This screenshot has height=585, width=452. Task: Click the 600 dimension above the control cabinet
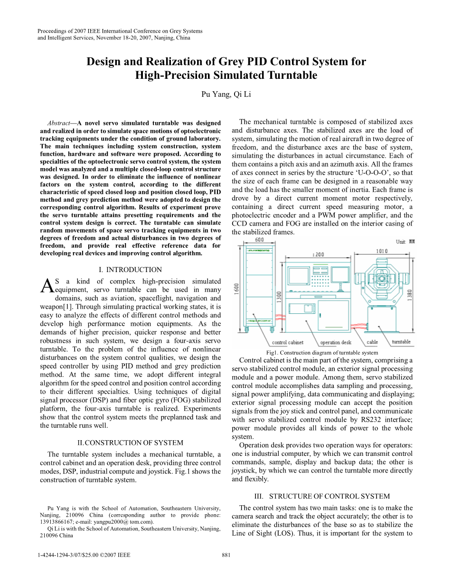pyautogui.click(x=259, y=240)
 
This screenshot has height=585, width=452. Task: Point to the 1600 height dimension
pyautogui.click(x=236, y=289)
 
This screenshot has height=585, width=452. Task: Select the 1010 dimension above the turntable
pyautogui.click(x=382, y=251)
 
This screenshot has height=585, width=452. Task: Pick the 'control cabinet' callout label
pyautogui.click(x=287, y=342)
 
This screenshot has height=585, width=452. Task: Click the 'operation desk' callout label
pyautogui.click(x=336, y=342)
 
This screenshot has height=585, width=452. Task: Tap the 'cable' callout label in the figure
pyautogui.click(x=372, y=342)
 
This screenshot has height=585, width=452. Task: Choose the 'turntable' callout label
pyautogui.click(x=401, y=342)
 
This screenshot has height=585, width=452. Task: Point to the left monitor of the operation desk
pyautogui.click(x=300, y=276)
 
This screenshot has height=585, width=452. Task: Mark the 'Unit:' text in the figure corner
pyautogui.click(x=401, y=242)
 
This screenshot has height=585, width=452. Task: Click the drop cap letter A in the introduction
pyautogui.click(x=47, y=286)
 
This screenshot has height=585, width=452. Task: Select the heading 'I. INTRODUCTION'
pyautogui.click(x=130, y=270)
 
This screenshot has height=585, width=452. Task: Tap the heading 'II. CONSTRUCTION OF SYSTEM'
pyautogui.click(x=130, y=443)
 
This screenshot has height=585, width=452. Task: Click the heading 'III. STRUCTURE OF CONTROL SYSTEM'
pyautogui.click(x=322, y=496)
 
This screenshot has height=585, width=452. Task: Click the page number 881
pyautogui.click(x=226, y=555)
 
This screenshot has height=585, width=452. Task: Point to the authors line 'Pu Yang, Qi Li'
pyautogui.click(x=226, y=94)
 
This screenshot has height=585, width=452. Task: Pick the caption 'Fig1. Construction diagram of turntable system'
pyautogui.click(x=322, y=352)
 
